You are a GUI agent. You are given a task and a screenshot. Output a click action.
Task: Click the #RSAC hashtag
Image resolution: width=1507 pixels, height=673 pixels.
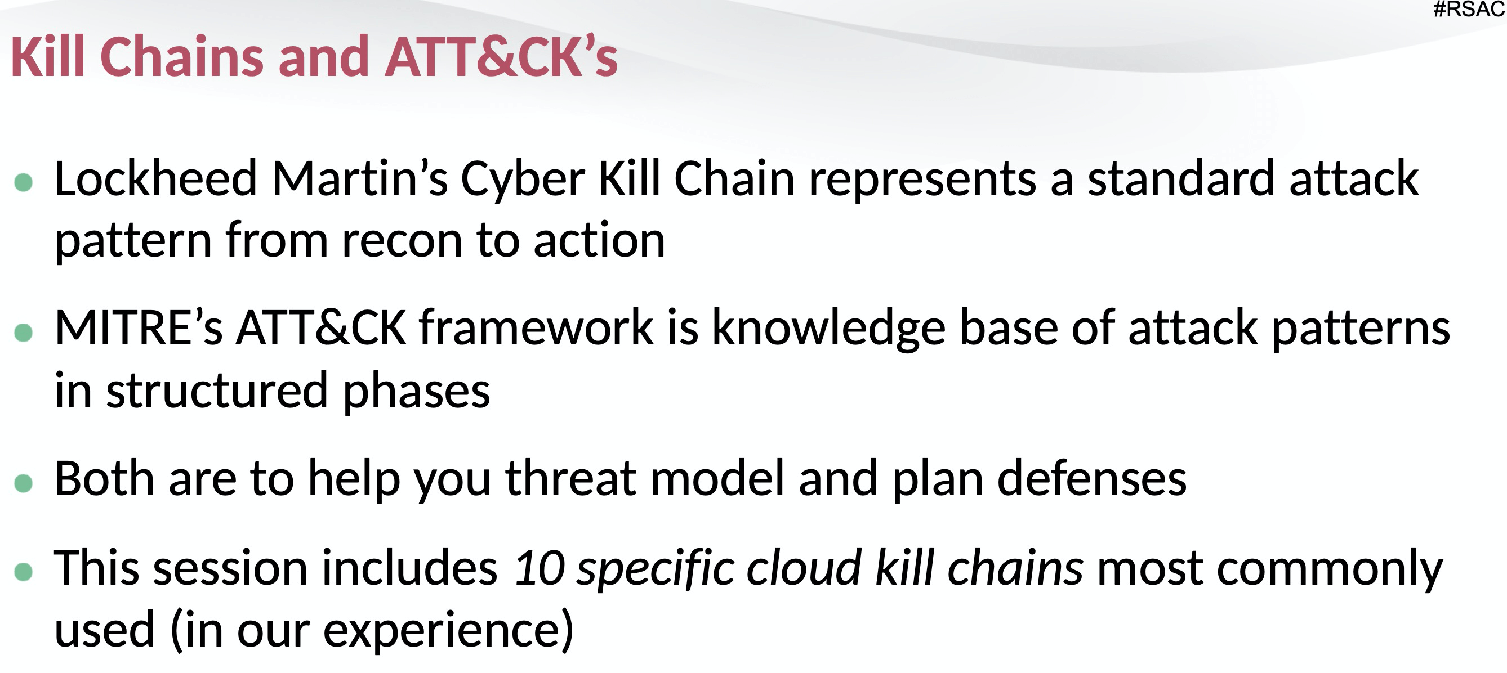pos(1469,10)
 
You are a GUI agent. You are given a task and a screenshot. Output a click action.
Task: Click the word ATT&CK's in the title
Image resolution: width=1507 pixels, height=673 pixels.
pos(501,57)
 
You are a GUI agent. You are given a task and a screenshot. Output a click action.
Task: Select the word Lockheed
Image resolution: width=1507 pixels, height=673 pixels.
pos(155,178)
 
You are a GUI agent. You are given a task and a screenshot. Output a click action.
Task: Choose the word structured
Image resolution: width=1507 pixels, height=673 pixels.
pos(217,391)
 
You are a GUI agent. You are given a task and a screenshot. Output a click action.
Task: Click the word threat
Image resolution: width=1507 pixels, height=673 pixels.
pos(570,478)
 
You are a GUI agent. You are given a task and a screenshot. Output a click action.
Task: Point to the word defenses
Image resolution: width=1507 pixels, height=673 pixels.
pos(1091,478)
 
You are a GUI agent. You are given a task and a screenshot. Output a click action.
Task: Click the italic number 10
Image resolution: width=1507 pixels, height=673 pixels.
pos(539,568)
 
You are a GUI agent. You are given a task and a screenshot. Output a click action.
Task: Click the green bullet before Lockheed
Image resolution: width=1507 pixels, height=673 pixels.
pos(24,182)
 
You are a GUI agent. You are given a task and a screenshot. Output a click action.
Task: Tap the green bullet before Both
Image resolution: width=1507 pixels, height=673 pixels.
pos(24,483)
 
